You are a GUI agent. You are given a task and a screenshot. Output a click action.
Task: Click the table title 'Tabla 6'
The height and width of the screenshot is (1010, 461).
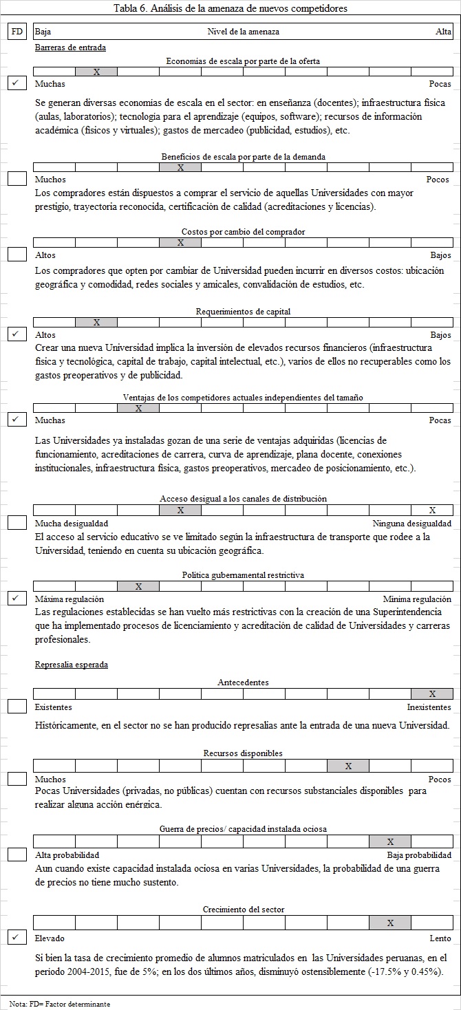click(x=230, y=9)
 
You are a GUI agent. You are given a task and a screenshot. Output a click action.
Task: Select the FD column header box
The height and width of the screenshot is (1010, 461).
click(x=17, y=32)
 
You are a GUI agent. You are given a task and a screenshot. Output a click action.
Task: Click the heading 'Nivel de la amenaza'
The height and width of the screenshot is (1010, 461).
click(x=243, y=32)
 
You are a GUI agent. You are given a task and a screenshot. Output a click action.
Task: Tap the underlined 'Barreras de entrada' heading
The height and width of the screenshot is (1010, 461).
click(x=70, y=47)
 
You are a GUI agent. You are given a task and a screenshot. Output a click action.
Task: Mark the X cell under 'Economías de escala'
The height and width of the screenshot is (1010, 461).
click(x=96, y=72)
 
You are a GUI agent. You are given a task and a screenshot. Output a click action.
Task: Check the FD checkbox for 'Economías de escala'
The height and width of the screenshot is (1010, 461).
click(x=17, y=83)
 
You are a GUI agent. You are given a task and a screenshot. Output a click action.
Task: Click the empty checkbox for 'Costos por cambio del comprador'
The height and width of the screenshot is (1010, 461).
click(x=17, y=254)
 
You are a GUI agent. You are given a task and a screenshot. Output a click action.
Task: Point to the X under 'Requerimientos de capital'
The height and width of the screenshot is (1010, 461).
click(x=96, y=322)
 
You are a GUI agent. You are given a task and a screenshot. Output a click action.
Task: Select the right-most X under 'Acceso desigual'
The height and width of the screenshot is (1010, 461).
click(x=432, y=511)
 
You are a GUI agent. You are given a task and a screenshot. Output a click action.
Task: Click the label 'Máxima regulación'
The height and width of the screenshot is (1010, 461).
click(x=69, y=599)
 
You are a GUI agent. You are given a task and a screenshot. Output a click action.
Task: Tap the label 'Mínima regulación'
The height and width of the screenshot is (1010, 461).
click(x=417, y=599)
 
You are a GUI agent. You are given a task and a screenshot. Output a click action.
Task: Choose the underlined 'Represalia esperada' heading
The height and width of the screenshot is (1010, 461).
click(x=71, y=665)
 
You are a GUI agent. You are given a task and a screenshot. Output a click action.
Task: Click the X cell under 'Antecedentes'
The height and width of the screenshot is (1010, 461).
click(x=432, y=694)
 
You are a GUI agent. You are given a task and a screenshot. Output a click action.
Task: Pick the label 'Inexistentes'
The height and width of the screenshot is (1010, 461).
click(x=429, y=707)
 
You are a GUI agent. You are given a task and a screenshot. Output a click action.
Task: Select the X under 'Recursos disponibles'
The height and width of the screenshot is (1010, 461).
click(x=348, y=766)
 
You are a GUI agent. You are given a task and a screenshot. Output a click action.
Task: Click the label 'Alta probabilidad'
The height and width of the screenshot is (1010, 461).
click(x=67, y=855)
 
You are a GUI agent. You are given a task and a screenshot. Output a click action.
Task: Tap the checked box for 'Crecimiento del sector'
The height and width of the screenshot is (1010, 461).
click(x=17, y=936)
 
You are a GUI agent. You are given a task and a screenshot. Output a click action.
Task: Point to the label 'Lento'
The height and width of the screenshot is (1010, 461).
click(x=440, y=938)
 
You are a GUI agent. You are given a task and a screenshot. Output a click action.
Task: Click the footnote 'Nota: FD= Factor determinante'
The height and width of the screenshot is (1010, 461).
click(x=60, y=1004)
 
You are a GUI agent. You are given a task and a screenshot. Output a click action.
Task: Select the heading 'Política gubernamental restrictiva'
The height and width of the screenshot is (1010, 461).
click(x=243, y=574)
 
